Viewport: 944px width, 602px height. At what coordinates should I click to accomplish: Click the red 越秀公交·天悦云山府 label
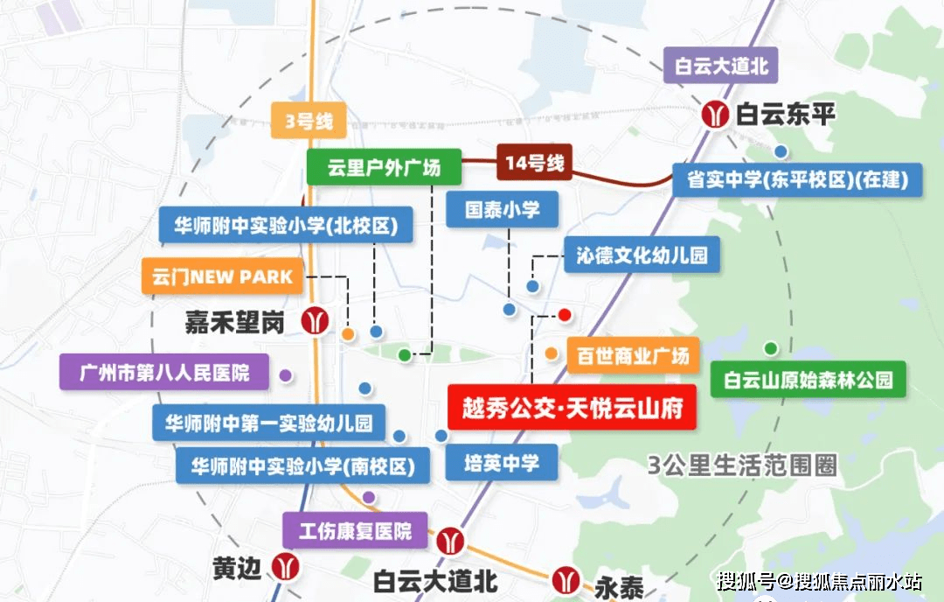(572, 408)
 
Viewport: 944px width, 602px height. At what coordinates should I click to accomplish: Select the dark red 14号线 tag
(534, 162)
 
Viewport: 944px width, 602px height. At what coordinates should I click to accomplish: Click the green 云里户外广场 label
(384, 167)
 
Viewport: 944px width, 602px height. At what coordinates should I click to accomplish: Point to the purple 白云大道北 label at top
(721, 66)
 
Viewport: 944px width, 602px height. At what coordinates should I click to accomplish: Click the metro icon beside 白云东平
(715, 114)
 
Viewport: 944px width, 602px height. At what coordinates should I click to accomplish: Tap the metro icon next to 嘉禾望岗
(315, 320)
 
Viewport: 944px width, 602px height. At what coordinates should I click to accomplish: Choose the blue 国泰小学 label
(502, 210)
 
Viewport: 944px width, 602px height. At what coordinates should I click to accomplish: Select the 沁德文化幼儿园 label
(642, 255)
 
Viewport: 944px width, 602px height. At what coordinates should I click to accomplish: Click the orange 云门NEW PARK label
(222, 276)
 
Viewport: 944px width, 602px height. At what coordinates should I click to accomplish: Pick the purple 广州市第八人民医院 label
(164, 373)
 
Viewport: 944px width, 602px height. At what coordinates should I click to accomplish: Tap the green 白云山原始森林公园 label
(808, 381)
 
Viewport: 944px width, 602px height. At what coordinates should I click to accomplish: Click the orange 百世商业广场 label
(633, 354)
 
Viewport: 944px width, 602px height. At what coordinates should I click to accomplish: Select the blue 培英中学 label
(501, 462)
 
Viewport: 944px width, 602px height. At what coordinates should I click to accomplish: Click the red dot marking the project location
(565, 314)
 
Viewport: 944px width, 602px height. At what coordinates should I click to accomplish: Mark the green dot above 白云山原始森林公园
(770, 348)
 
